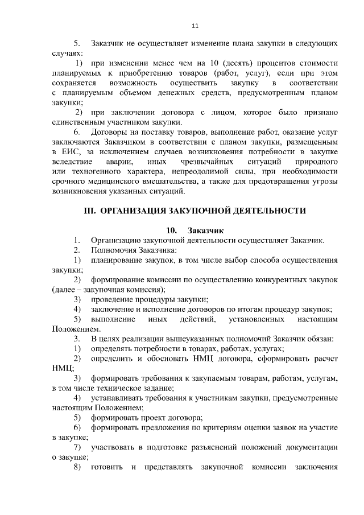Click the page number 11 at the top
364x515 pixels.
(x=195, y=26)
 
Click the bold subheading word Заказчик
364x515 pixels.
(x=206, y=230)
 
